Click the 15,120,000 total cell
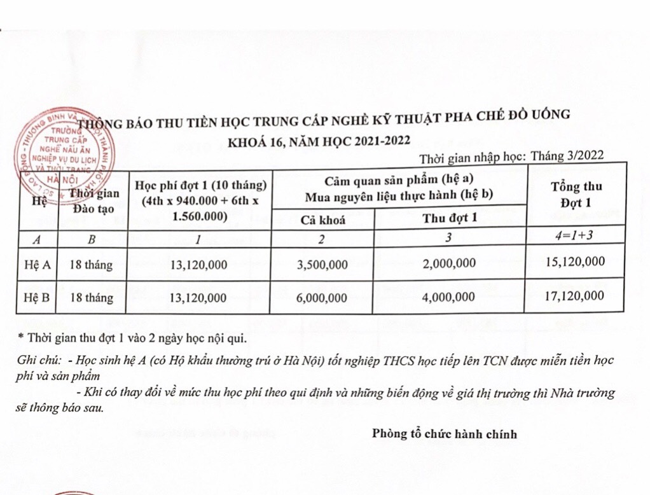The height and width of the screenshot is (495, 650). point(574,261)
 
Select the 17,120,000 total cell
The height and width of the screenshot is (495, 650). point(574,296)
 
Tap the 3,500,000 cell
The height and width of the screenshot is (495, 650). point(322,263)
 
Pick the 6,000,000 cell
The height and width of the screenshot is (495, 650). point(322,297)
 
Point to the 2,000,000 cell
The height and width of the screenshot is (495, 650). point(450,263)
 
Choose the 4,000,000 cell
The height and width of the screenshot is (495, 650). point(450,296)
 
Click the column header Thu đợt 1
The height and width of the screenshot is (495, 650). point(450,218)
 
